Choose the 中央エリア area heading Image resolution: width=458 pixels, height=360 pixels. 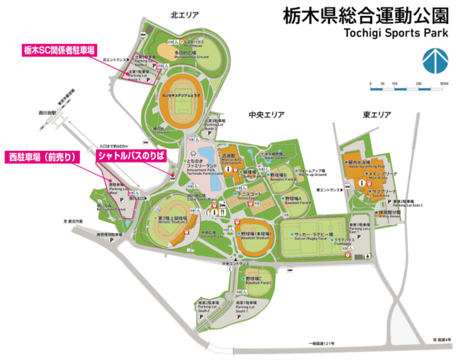[266, 115]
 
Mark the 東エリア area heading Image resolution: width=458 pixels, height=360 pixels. [376, 115]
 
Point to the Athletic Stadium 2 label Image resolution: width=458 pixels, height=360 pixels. [174, 220]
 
